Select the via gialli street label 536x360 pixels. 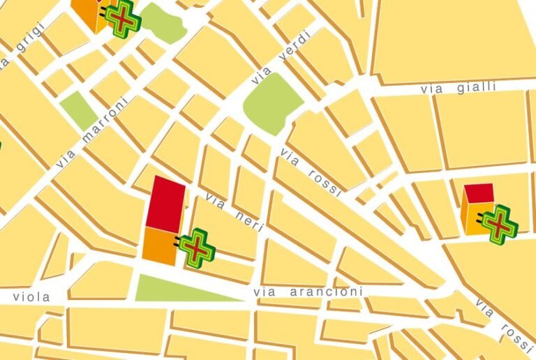pos(458,88)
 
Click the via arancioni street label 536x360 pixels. pos(308,292)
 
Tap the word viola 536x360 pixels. pos(31,297)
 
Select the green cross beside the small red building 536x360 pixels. pos(500,223)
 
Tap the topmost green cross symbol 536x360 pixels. pos(123,17)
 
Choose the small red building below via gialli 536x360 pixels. pos(479,193)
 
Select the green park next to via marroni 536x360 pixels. pos(79,111)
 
